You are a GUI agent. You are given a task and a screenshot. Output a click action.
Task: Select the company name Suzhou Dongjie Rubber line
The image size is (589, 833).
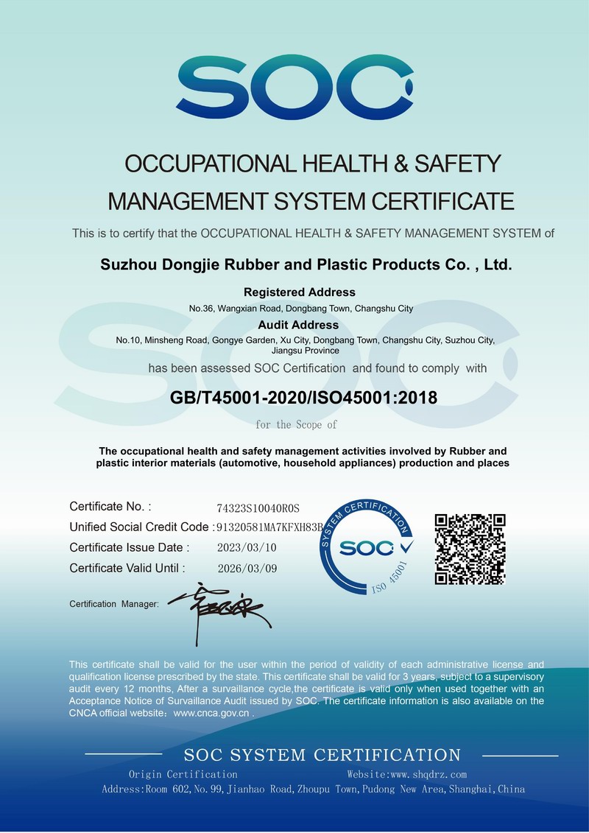pyautogui.click(x=306, y=264)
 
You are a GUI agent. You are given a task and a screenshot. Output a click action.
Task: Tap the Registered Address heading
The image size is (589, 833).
pyautogui.click(x=299, y=292)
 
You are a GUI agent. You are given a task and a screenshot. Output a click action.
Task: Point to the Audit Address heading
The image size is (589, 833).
pyautogui.click(x=298, y=325)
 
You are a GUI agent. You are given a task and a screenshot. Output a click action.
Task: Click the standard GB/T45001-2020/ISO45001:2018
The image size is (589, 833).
pyautogui.click(x=303, y=398)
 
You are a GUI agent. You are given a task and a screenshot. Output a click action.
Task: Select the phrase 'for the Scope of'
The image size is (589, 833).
pyautogui.click(x=296, y=425)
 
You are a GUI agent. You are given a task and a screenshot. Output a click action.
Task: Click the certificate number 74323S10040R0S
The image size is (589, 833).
pyautogui.click(x=258, y=509)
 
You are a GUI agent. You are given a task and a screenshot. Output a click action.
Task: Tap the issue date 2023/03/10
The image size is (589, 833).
pyautogui.click(x=247, y=548)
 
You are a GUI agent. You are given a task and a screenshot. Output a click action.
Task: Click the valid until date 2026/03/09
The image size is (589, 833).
pyautogui.click(x=247, y=569)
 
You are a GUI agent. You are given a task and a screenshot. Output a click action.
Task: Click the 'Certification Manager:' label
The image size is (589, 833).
pyautogui.click(x=114, y=604)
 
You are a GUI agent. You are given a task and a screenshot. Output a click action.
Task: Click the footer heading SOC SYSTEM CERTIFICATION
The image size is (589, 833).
pyautogui.click(x=322, y=755)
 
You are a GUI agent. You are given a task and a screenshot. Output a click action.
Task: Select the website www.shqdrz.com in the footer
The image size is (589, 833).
pyautogui.click(x=406, y=775)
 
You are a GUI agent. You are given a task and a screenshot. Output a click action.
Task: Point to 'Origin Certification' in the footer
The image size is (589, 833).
pyautogui.click(x=183, y=775)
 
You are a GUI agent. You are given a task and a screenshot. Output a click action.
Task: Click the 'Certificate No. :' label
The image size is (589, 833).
pyautogui.click(x=110, y=507)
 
